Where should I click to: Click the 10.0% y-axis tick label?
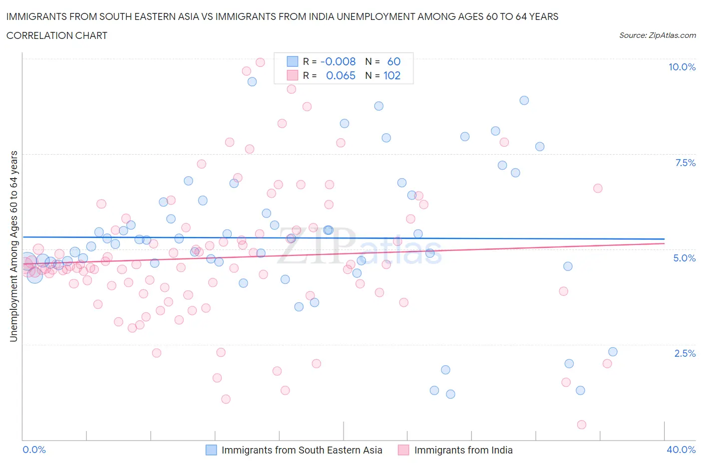[x=682, y=67]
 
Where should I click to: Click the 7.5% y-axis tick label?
[x=685, y=163]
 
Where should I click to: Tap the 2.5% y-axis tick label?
[x=685, y=353]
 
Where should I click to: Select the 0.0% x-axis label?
[x=34, y=450]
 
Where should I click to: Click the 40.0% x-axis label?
[x=681, y=450]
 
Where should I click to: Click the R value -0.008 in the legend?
[x=338, y=61]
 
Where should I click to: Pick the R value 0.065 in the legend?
[x=341, y=75]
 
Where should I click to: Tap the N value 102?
[x=392, y=75]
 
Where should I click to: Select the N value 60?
[x=393, y=61]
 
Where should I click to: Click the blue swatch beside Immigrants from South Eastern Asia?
[x=211, y=450]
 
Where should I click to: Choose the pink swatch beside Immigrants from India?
[x=403, y=450]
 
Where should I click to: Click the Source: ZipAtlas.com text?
[x=657, y=35]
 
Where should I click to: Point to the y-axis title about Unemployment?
[x=13, y=246]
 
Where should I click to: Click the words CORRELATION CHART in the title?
[x=57, y=35]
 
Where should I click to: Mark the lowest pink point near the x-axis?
[x=581, y=425]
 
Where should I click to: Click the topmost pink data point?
[x=260, y=62]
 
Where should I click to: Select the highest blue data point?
[x=252, y=82]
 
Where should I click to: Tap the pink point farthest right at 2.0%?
[x=607, y=363]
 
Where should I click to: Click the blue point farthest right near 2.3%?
[x=613, y=352]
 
